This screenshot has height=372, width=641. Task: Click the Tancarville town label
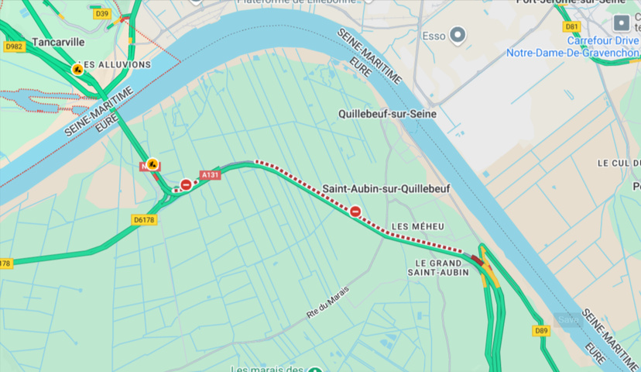[58, 42]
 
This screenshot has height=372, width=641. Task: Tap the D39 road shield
[101, 14]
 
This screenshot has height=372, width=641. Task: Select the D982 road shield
[14, 46]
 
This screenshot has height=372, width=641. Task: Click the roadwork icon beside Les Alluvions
[77, 69]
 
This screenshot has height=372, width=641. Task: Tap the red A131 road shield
[211, 175]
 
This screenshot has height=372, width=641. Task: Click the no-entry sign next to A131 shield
[186, 184]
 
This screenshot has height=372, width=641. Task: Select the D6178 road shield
[144, 220]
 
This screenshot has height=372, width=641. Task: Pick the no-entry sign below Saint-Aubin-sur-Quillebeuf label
[355, 211]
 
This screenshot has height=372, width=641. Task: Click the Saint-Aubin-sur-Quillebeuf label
[386, 188]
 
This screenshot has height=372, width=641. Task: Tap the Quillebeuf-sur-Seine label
[387, 114]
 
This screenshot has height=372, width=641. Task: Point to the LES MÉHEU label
[417, 226]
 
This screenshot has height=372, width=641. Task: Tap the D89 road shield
[541, 331]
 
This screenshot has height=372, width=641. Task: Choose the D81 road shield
[571, 26]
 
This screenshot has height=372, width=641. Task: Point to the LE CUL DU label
[618, 164]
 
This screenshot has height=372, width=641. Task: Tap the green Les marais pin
[315, 369]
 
